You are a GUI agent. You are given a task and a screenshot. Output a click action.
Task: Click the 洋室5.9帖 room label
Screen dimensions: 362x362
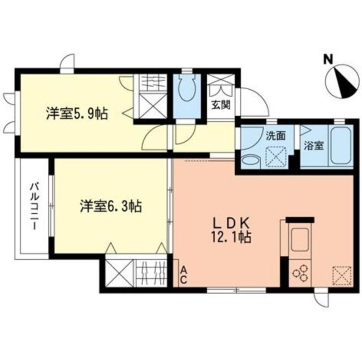pyautogui.click(x=76, y=114)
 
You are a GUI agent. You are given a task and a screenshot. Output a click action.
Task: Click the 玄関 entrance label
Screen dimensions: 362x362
pyautogui.click(x=221, y=106)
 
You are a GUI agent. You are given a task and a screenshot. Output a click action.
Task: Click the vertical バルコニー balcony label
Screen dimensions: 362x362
pyautogui.click(x=34, y=207)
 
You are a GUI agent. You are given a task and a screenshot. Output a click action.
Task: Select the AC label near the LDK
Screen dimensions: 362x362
pyautogui.click(x=184, y=274)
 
